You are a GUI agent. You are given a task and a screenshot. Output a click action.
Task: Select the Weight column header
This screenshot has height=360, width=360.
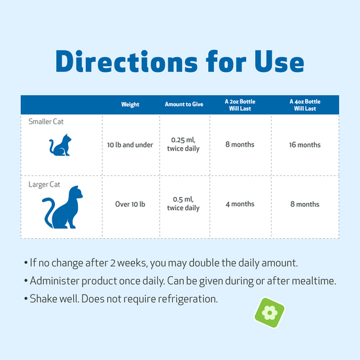130,105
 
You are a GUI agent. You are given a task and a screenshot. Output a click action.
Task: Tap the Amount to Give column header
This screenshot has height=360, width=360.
183,105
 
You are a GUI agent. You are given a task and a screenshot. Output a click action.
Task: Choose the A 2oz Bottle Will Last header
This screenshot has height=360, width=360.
240,105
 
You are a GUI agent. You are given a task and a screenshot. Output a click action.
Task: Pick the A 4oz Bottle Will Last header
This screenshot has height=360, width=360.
305,105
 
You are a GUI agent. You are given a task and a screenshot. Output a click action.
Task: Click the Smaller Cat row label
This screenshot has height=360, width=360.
46,122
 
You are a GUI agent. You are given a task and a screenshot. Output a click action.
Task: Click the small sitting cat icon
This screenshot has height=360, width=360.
60,145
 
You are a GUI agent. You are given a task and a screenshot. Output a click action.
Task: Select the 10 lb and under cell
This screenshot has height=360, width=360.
130,145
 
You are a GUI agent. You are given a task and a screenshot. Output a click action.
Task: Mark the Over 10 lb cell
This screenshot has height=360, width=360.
130,204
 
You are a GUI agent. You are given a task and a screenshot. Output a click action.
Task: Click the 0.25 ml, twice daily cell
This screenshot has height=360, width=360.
183,145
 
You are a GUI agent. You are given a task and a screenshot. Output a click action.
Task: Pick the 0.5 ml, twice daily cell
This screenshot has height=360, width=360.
183,204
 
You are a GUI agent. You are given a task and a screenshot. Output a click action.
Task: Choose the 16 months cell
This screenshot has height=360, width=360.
305,145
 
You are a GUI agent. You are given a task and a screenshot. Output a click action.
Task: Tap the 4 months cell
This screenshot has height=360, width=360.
240,204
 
